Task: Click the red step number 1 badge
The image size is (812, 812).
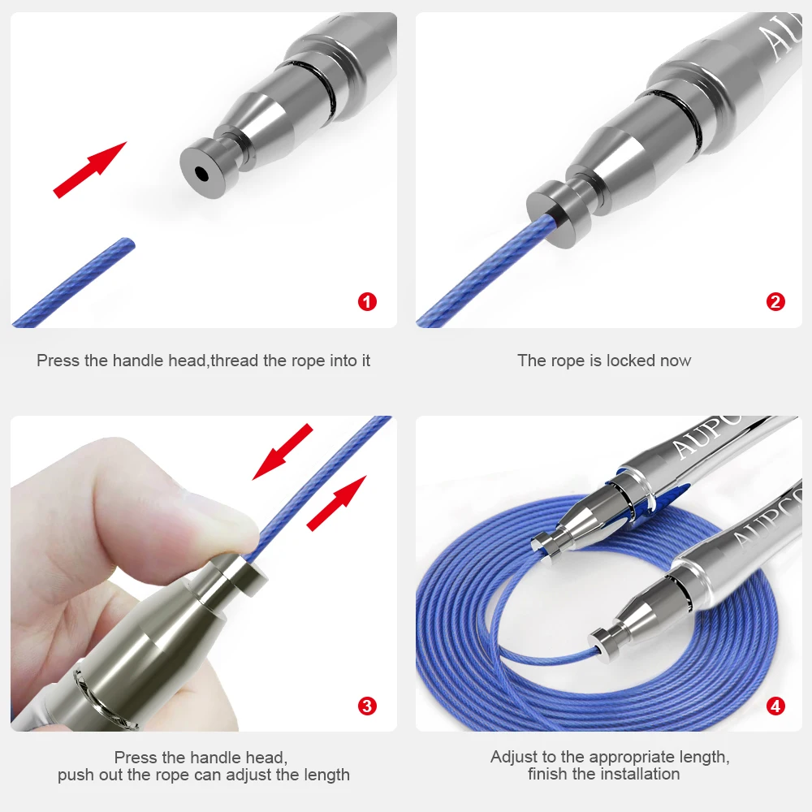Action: pos(368,302)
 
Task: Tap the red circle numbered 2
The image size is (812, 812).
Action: pos(775,302)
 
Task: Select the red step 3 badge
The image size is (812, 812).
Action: pos(368,706)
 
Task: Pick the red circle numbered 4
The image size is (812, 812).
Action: pos(775,706)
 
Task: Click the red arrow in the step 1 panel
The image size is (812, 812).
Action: pos(90,169)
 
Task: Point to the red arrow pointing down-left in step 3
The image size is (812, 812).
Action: pos(283,451)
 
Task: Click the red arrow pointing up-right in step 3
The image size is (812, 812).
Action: pos(336,503)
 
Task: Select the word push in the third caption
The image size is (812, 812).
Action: pos(77,775)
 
